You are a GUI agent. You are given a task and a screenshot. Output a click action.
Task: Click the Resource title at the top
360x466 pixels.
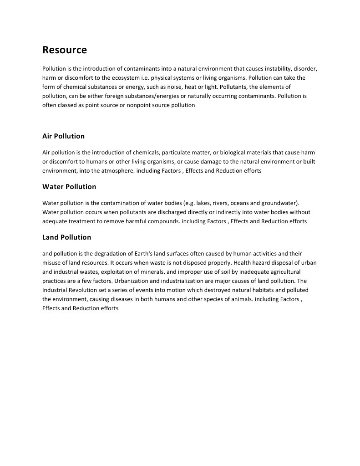[x=65, y=50]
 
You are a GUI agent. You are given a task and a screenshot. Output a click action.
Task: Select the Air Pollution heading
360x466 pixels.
[x=63, y=136]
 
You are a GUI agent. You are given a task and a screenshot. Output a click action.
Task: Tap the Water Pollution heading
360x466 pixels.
[x=69, y=187]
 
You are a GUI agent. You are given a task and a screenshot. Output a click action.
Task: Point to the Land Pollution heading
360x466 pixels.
[x=66, y=237]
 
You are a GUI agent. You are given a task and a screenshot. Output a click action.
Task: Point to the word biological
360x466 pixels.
[x=243, y=153]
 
